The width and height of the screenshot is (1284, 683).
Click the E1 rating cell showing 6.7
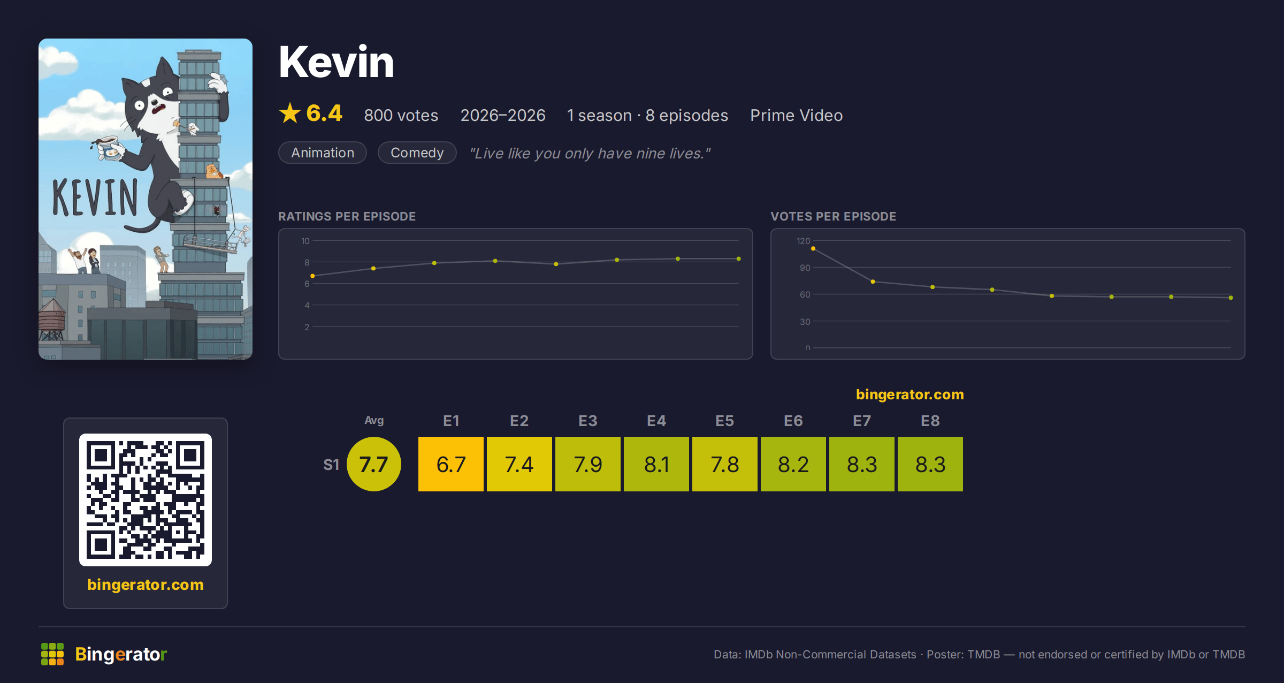[x=451, y=464]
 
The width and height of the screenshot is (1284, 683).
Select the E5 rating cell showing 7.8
[x=725, y=464]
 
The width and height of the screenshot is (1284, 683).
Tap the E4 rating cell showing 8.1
[x=656, y=464]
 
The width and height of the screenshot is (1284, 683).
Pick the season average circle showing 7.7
[x=374, y=464]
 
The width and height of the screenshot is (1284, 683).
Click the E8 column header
[x=930, y=421]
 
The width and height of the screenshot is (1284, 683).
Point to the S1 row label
[x=331, y=465]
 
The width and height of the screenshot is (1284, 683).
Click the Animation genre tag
[x=323, y=153]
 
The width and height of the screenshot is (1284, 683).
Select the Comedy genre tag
[x=417, y=153]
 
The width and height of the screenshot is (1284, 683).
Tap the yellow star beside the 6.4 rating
[x=290, y=113]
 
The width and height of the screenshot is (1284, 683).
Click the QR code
[x=146, y=500]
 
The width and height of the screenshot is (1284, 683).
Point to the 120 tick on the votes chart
[x=803, y=241]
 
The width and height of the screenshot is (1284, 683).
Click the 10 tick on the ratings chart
[x=305, y=241]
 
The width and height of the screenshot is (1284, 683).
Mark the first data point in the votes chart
[x=813, y=248]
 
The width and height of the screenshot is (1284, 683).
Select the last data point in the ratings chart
[x=739, y=259]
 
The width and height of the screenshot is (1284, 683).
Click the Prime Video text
[x=796, y=115]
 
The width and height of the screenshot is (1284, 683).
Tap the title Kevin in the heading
[x=337, y=62]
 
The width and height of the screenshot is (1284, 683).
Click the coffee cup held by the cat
[x=109, y=148]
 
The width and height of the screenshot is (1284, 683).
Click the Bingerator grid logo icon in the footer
[x=52, y=654]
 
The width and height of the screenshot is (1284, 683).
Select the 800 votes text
[x=401, y=115]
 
